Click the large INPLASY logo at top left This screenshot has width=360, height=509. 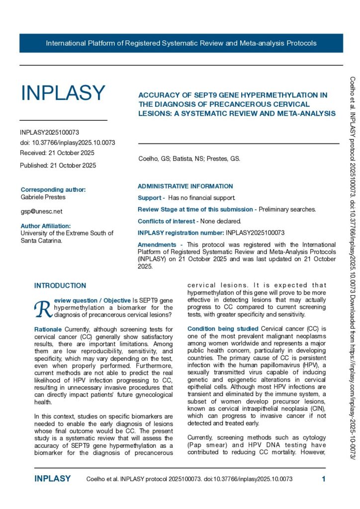63,93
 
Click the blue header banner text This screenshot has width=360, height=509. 181,43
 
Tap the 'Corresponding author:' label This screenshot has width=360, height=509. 53,189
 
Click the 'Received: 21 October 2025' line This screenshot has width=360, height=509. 57,153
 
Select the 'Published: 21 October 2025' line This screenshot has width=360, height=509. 58,165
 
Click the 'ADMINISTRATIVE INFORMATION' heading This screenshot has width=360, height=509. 185,186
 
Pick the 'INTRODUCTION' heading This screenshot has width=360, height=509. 60,286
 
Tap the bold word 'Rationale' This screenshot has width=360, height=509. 48,330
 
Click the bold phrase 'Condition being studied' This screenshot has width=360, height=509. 216,329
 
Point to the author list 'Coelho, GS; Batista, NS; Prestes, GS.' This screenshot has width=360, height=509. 189,159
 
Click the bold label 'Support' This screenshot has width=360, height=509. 149,198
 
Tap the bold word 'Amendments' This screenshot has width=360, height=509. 156,245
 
